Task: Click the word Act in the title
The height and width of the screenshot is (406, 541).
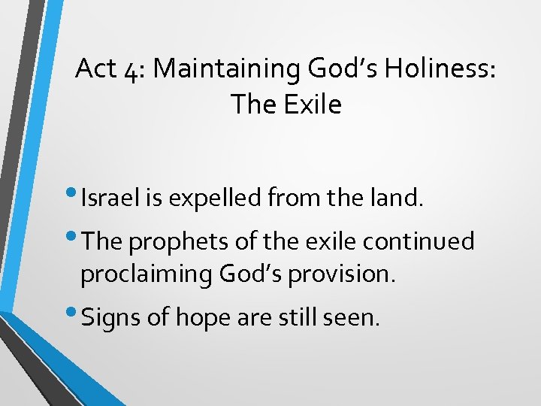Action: [x=95, y=69]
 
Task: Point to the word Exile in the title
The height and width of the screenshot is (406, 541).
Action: [x=312, y=105]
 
